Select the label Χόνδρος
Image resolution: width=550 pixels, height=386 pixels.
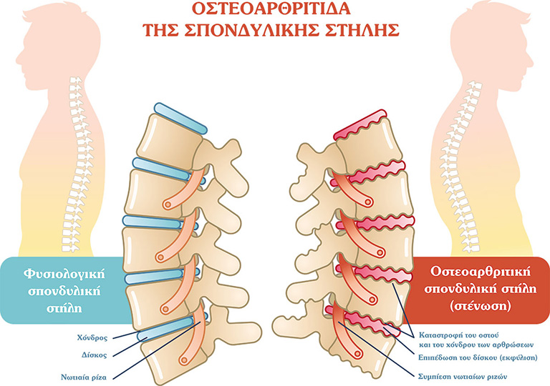92,337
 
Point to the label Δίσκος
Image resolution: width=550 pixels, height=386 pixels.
94,355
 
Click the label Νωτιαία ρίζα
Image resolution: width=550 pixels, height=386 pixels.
84,377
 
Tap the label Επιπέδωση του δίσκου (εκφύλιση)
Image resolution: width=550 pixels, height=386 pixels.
478,357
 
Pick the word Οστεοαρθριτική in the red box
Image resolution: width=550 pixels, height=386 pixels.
481,272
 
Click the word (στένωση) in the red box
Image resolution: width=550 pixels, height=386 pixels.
481,306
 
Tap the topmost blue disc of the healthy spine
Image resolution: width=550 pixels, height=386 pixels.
181,119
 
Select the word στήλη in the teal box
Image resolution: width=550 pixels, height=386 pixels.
64,308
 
